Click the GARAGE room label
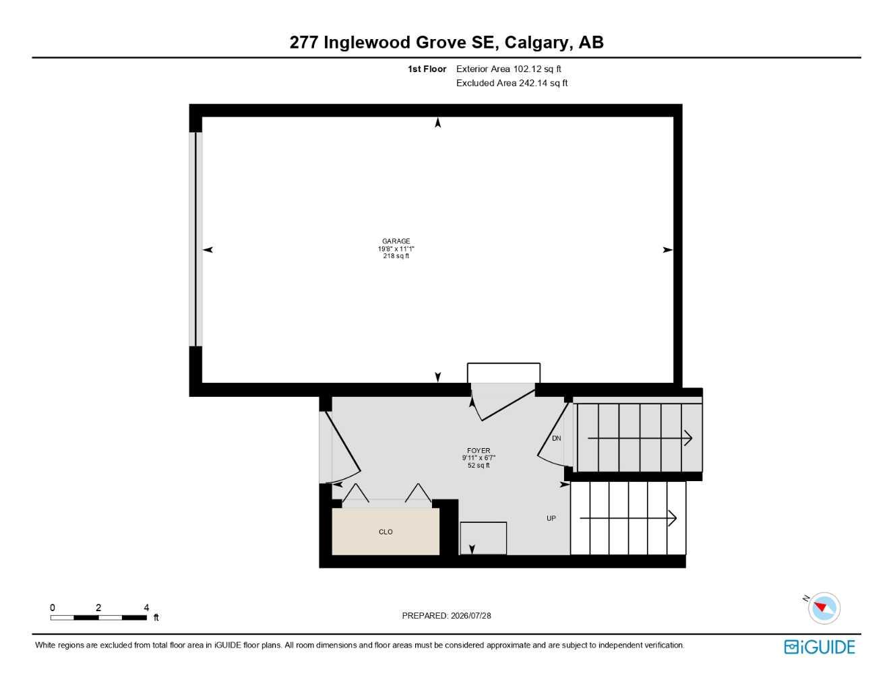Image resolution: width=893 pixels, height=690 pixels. [x=396, y=241]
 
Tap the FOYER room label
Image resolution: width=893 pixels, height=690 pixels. [x=479, y=451]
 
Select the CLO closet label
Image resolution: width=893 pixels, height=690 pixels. [x=386, y=532]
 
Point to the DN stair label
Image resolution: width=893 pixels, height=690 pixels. [x=557, y=438]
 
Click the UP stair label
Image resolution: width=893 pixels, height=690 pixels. [x=551, y=518]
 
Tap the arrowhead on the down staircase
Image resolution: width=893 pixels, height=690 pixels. [x=688, y=438]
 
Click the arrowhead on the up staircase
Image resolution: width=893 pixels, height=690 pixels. [x=673, y=518]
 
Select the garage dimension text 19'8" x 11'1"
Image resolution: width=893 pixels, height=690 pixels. [x=396, y=249]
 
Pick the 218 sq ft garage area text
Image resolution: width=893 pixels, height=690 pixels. [x=396, y=256]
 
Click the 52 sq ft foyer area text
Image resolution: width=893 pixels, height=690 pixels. [x=479, y=466]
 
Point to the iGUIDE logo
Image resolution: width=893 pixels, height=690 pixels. [x=820, y=647]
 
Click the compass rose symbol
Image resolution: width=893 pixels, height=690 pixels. [x=824, y=608]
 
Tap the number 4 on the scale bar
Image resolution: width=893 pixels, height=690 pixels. [x=146, y=607]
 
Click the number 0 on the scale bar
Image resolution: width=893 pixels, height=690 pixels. [x=52, y=607]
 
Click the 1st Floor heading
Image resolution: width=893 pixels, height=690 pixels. [x=427, y=69]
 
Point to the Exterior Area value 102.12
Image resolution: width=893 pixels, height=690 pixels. [x=527, y=69]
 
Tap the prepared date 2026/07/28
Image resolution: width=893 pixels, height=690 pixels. [x=470, y=616]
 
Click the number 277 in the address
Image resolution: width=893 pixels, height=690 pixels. [x=304, y=42]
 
